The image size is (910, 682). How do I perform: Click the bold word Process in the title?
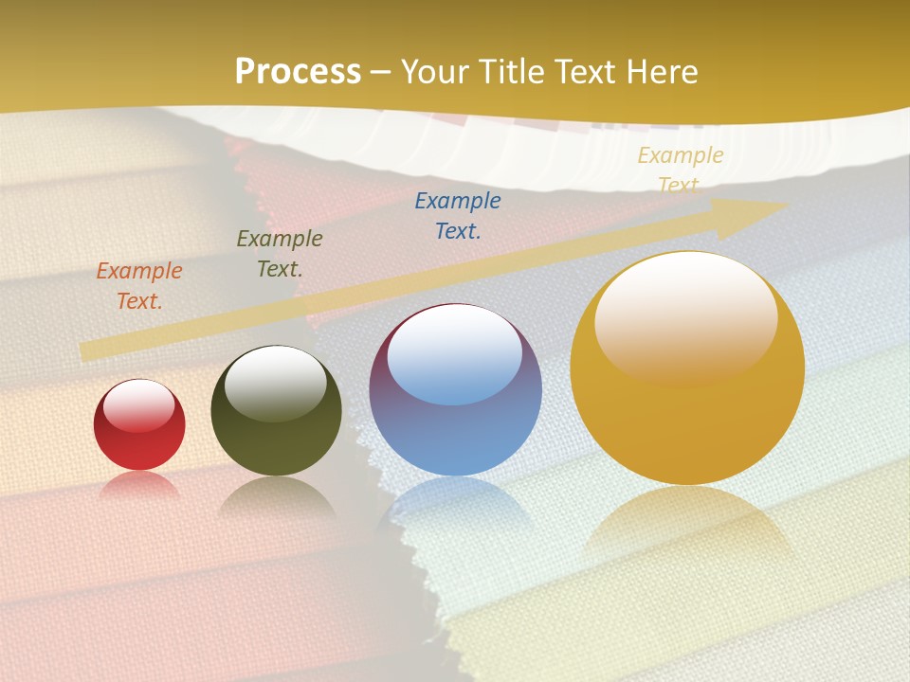tap(298, 72)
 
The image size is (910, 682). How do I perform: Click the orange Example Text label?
tap(139, 286)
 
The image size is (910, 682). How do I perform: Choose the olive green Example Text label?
tap(280, 254)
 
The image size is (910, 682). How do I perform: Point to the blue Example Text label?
tap(458, 216)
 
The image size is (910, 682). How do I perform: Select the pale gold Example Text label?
tap(680, 170)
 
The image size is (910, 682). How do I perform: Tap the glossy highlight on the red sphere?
tap(139, 405)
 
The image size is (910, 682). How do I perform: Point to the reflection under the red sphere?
tap(139, 485)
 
